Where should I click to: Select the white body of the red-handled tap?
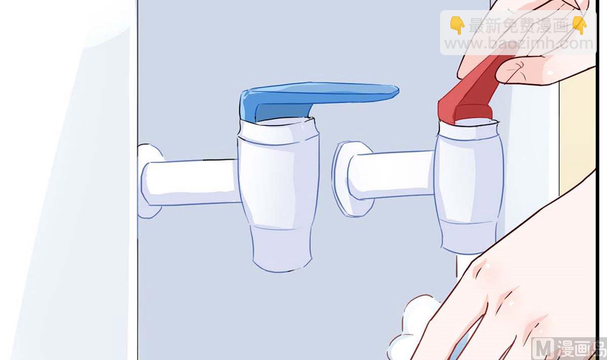pyautogui.click(x=469, y=187)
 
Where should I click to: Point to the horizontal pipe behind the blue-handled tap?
pyautogui.click(x=190, y=182)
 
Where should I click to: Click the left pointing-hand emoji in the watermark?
pyautogui.click(x=457, y=25)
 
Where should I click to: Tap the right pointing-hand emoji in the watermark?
pyautogui.click(x=580, y=25)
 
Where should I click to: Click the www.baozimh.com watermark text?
pyautogui.click(x=518, y=43)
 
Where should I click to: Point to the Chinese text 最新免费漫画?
pyautogui.click(x=518, y=26)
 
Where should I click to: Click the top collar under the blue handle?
pyautogui.click(x=278, y=131)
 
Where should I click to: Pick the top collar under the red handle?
pyautogui.click(x=469, y=130)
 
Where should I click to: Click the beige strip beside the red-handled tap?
pyautogui.click(x=577, y=130)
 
